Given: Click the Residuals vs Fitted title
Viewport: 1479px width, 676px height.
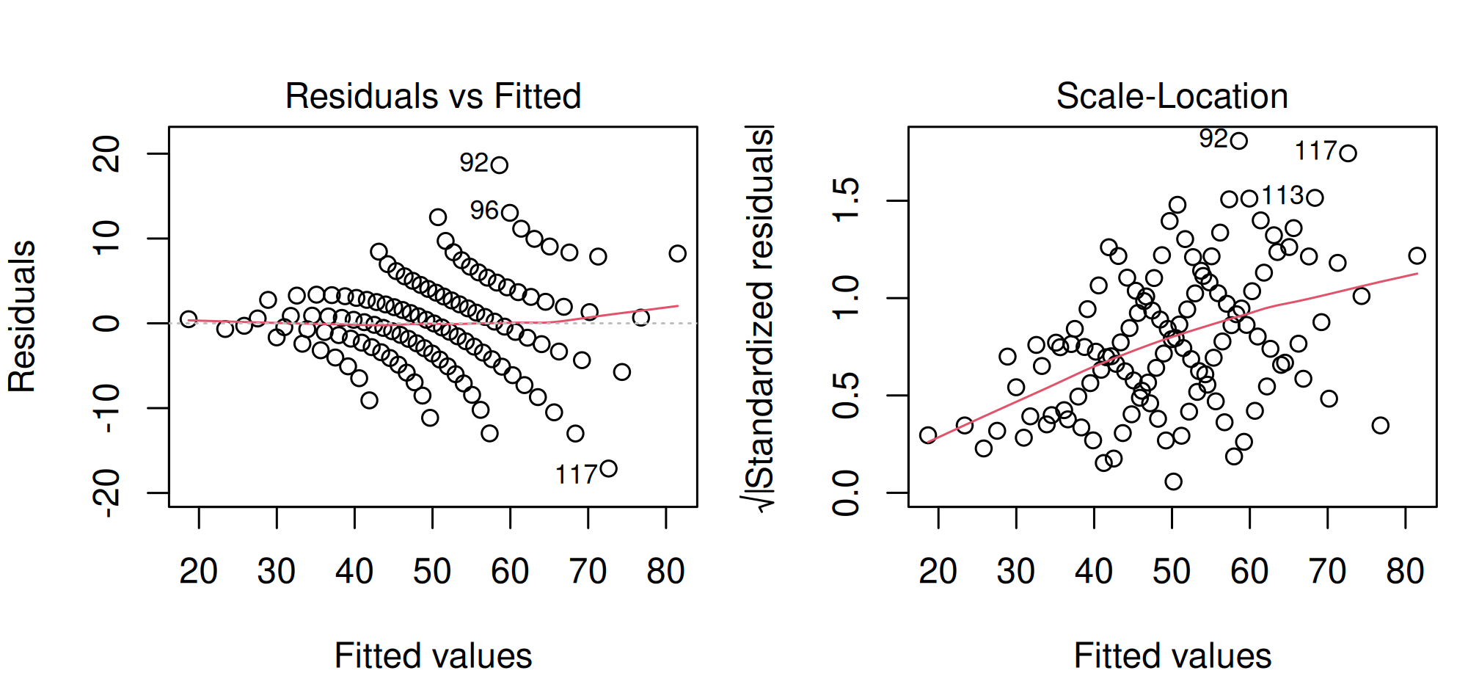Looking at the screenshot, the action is point(433,96).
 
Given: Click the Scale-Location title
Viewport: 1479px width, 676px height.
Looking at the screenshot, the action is point(1172,96).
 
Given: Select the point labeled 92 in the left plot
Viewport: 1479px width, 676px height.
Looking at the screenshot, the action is point(500,164).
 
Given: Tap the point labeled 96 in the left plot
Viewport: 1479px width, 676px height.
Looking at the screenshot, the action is point(510,213).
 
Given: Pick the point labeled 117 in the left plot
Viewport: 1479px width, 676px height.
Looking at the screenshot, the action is point(608,468).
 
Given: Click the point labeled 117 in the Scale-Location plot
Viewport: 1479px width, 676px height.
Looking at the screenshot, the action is point(1348,153).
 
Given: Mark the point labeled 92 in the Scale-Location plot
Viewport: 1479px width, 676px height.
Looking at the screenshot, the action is point(1239,141).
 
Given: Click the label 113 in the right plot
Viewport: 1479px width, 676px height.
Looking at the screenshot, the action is point(1282,196).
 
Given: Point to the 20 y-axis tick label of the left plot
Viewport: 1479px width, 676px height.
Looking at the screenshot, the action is point(107,153).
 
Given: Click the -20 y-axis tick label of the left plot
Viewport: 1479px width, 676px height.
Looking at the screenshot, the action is point(107,493).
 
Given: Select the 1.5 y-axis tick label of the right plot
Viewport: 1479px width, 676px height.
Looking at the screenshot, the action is point(847,200).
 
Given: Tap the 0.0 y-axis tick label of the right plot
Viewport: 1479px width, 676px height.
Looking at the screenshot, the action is point(847,493).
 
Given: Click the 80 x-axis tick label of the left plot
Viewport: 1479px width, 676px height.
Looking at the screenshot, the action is point(665,571).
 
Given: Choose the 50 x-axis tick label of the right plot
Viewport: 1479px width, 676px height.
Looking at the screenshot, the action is point(1172,571).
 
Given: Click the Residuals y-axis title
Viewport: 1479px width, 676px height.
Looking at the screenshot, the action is point(22,316).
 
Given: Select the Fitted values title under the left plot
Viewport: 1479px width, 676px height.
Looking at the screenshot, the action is point(433,655).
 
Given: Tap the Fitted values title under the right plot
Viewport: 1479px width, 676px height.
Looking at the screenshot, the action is point(1172,655).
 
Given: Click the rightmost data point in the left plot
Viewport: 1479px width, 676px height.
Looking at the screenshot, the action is point(677,253).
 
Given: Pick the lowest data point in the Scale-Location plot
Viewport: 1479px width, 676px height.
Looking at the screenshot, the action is point(1173,481).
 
